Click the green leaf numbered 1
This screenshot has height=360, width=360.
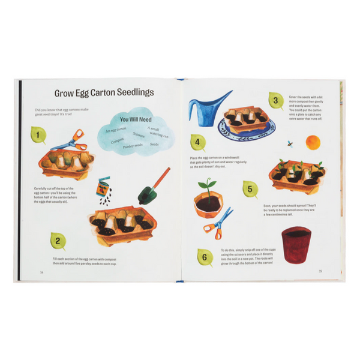click(x=37, y=137)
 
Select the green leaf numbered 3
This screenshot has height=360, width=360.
click(x=275, y=101)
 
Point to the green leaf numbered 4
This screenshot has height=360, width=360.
click(x=197, y=142)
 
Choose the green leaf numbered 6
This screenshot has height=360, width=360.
click(x=205, y=259)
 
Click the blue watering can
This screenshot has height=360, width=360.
click(x=207, y=107)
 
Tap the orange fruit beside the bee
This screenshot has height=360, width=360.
click(x=313, y=142)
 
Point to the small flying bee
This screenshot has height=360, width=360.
click(x=290, y=144)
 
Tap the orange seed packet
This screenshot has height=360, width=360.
click(x=105, y=187)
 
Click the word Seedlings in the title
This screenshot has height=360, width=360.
click(x=127, y=93)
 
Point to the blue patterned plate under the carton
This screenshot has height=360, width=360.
click(x=246, y=128)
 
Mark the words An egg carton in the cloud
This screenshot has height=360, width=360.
click(x=116, y=130)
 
